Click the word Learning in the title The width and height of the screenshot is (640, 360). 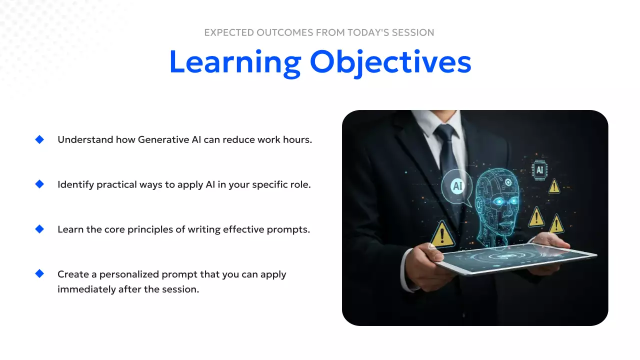tap(235, 63)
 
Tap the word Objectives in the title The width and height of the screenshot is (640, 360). tap(390, 63)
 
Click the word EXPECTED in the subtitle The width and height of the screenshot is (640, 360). tap(229, 32)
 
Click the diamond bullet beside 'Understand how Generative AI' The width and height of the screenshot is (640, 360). tap(39, 139)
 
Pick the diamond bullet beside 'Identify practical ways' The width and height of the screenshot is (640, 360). tap(39, 184)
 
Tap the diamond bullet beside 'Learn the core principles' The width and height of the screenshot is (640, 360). tap(39, 229)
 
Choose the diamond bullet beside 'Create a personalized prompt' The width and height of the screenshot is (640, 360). tap(39, 273)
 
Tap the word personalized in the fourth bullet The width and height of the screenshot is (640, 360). tap(129, 274)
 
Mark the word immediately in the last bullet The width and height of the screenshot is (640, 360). tap(86, 289)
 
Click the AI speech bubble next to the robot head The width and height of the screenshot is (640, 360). tap(457, 187)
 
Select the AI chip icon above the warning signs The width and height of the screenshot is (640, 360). tap(539, 170)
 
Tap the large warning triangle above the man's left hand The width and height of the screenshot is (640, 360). tap(442, 234)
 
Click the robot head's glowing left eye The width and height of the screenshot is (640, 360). tap(498, 201)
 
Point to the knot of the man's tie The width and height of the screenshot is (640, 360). tap(445, 133)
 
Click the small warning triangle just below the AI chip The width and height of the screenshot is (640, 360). tap(554, 186)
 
